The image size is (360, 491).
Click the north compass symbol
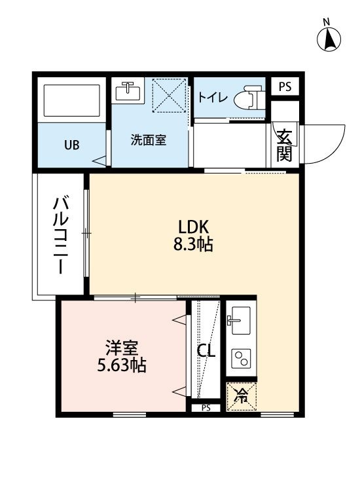click(x=329, y=40)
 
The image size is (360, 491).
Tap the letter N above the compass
click(x=326, y=22)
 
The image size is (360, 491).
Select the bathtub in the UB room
click(x=72, y=100)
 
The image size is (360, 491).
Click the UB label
click(x=72, y=145)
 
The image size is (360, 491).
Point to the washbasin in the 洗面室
click(x=128, y=90)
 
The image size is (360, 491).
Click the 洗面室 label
click(x=148, y=140)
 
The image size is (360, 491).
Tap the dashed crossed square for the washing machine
click(x=169, y=95)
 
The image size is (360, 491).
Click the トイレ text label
click(x=213, y=98)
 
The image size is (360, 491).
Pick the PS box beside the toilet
click(x=285, y=86)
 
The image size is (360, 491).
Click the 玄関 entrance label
click(x=285, y=145)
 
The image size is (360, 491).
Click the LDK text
click(x=193, y=227)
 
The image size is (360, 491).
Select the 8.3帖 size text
click(x=193, y=244)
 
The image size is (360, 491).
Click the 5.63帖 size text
click(x=122, y=365)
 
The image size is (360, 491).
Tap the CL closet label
click(x=206, y=352)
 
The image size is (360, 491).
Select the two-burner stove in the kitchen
click(x=241, y=358)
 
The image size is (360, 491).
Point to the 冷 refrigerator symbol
click(x=242, y=396)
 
